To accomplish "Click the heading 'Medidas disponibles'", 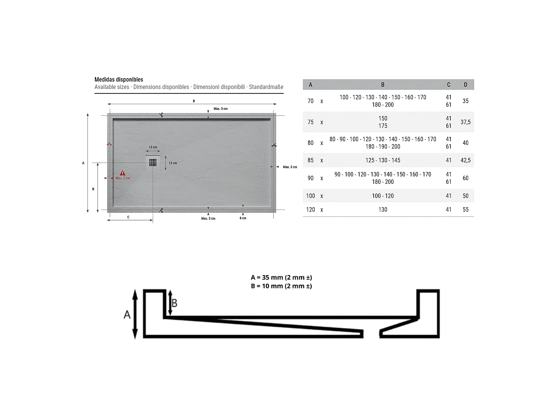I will click(x=119, y=79).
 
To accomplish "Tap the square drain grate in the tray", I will click(x=153, y=162).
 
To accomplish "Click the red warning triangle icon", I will click(x=122, y=173).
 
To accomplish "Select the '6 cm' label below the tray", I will click(x=243, y=218).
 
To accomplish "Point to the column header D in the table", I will click(x=466, y=85).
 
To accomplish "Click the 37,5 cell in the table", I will click(x=466, y=122).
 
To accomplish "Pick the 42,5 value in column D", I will click(x=466, y=160).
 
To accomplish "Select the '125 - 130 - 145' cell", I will click(x=383, y=160).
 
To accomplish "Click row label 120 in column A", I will click(x=311, y=209).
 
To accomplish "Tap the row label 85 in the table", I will click(x=311, y=160).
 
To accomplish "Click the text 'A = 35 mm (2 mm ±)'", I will click(x=281, y=277).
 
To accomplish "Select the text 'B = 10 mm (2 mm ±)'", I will click(x=281, y=286).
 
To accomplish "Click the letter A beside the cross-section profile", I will click(x=127, y=315).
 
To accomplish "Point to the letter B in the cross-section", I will click(x=175, y=303).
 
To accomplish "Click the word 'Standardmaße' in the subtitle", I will click(x=266, y=87).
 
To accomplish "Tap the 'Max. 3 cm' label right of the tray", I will click(x=290, y=167).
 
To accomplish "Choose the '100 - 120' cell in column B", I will click(x=383, y=196).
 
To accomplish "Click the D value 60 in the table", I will click(x=466, y=178).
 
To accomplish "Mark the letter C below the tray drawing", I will click(x=128, y=217).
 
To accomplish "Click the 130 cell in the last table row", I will click(x=383, y=209).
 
